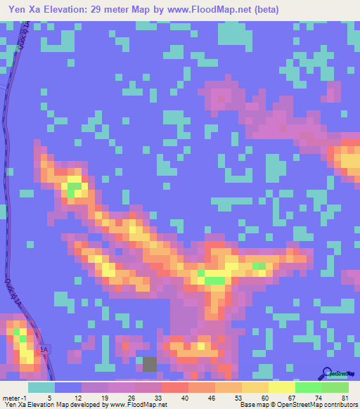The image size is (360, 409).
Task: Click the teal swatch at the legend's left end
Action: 41,387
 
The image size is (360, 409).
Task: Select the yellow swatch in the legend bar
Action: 281,387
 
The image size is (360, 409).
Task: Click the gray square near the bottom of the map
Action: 150,363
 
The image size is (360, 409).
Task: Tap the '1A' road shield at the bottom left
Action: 45,349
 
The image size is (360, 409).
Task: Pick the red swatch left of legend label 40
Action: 174,387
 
